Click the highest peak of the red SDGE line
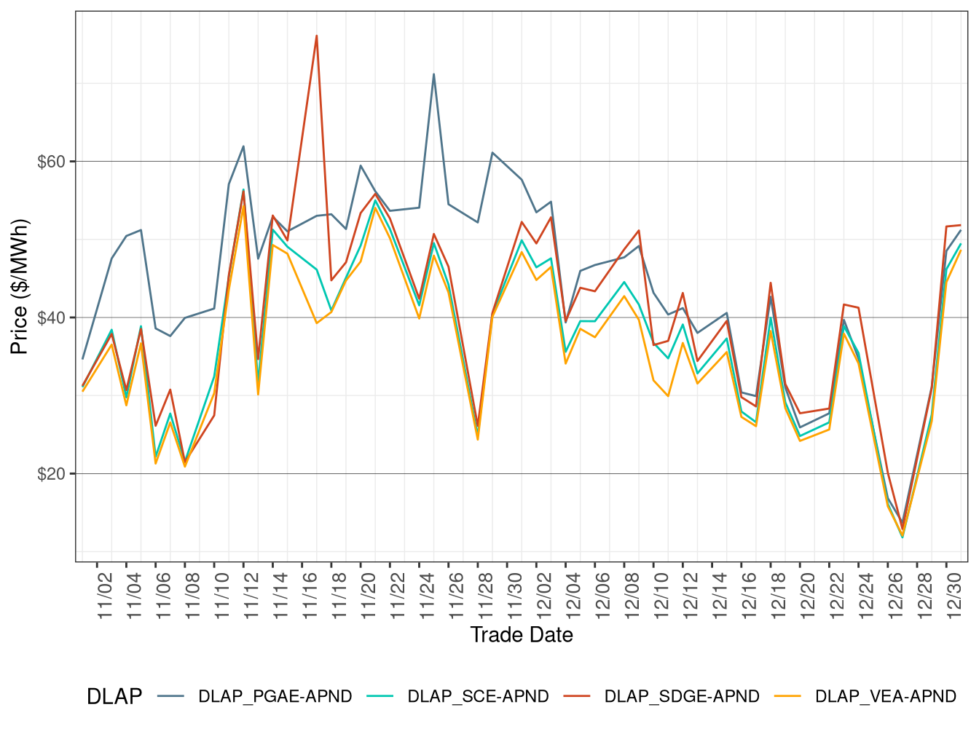[316, 36]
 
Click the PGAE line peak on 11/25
[433, 74]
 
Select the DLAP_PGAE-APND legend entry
[275, 697]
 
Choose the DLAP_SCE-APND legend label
[478, 697]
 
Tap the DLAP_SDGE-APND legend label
[681, 697]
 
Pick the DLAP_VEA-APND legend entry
[885, 697]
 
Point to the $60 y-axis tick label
[51, 162]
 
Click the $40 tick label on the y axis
[51, 318]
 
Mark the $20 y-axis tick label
[51, 474]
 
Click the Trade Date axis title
[522, 635]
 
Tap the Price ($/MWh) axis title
[20, 286]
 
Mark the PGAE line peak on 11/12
[243, 146]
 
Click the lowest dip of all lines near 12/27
[903, 537]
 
